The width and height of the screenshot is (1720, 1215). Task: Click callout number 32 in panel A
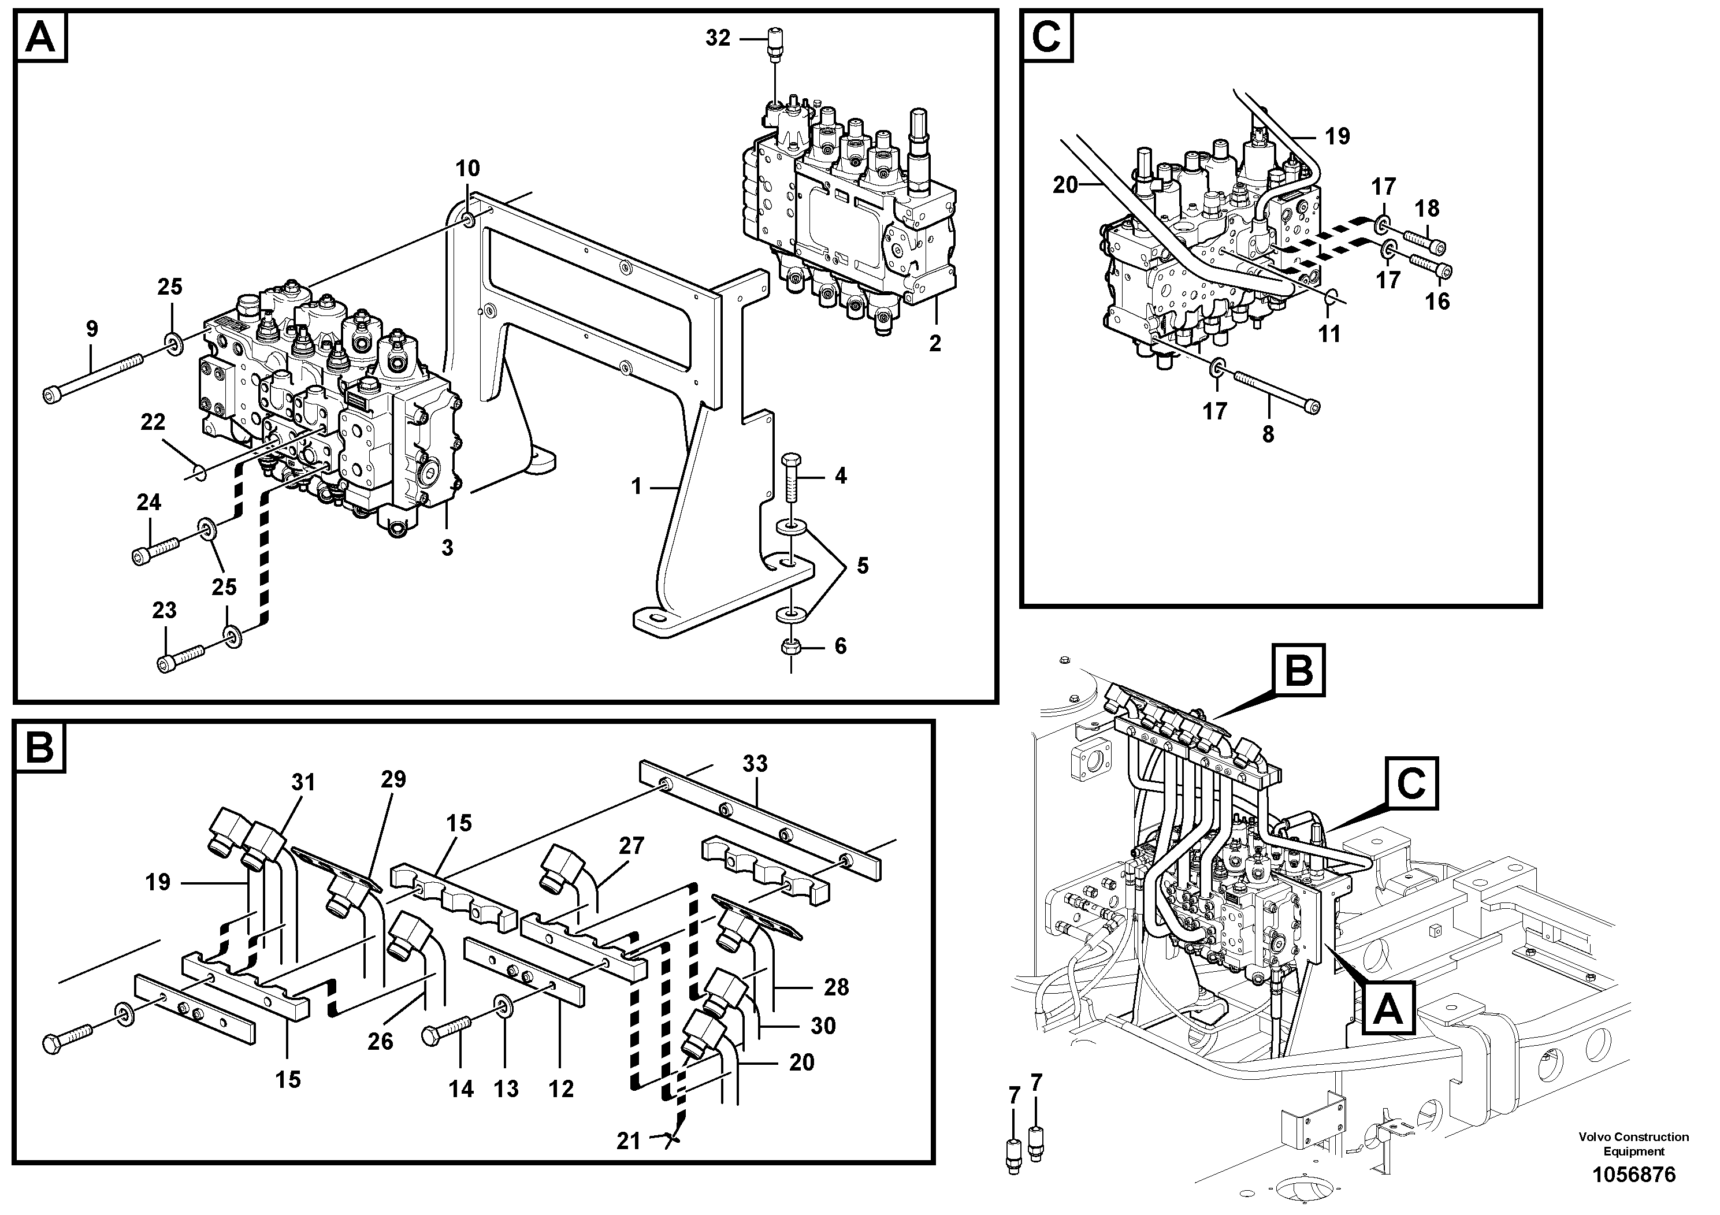click(717, 38)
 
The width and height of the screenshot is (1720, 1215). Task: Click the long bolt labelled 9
click(93, 381)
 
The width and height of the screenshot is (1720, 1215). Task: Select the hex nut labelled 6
click(791, 646)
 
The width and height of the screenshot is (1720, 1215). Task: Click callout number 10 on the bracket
click(467, 169)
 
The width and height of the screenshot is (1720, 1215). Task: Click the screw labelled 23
click(180, 657)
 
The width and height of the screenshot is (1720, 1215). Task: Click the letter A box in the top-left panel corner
click(40, 38)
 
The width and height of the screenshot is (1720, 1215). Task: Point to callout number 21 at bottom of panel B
click(629, 1142)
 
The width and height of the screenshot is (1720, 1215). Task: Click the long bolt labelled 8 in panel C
click(1277, 392)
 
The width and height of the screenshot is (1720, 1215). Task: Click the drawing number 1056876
click(1633, 1175)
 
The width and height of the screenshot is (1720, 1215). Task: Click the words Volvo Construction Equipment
click(1633, 1145)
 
